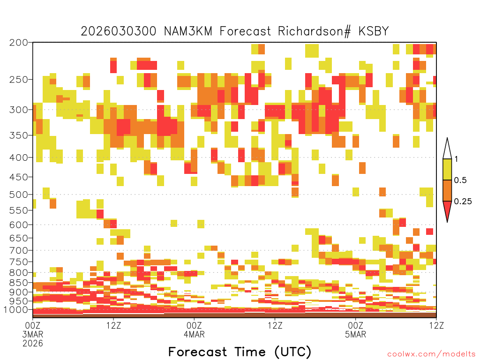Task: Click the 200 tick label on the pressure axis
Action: click(19, 43)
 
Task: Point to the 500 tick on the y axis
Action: click(19, 195)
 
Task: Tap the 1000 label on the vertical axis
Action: click(15, 310)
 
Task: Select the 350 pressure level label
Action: click(19, 135)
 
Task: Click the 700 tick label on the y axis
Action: click(19, 250)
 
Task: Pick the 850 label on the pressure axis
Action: click(19, 283)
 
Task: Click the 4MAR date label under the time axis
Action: click(194, 334)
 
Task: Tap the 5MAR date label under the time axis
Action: click(355, 334)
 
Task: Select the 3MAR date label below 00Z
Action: click(33, 334)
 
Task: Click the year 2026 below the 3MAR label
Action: click(33, 344)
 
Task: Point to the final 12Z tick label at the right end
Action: click(436, 325)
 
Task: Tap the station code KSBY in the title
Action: click(374, 31)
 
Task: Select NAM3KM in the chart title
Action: click(188, 31)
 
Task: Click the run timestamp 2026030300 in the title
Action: click(119, 31)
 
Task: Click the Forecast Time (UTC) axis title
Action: click(240, 352)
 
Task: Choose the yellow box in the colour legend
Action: click(447, 169)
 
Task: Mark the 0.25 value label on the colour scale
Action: click(463, 202)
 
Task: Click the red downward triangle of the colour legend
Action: click(447, 210)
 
